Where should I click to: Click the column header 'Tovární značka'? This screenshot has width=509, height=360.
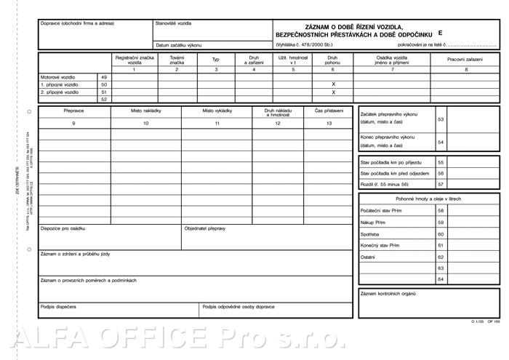[x=177, y=60]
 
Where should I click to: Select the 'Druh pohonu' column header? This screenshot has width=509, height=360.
[x=333, y=60]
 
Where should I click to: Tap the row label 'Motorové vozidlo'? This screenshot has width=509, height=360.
[x=58, y=76]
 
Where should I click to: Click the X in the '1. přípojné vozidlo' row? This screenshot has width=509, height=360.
[x=333, y=84]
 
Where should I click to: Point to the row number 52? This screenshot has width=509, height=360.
[x=104, y=100]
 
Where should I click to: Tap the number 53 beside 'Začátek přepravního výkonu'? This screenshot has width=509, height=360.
[x=441, y=119]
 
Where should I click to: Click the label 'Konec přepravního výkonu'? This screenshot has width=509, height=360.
[x=388, y=137]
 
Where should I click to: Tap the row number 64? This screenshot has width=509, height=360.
[x=441, y=279]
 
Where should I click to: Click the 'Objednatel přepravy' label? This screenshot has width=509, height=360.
[x=205, y=228]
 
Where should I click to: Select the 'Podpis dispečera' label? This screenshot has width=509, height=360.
[x=58, y=307]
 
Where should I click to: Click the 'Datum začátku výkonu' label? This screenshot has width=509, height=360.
[x=178, y=45]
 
